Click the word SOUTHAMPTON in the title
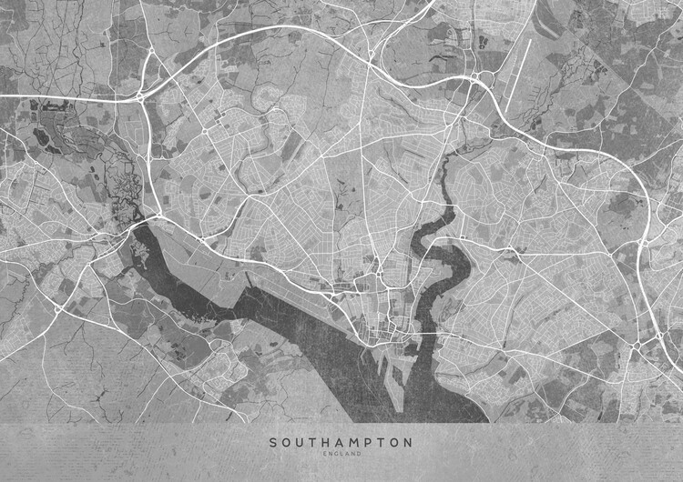coord(341,443)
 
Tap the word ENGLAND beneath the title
coord(341,455)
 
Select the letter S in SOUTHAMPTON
coord(272,443)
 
